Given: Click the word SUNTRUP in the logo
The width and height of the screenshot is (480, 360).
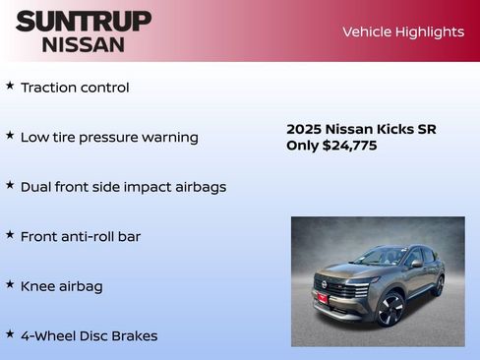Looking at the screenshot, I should tap(84, 21).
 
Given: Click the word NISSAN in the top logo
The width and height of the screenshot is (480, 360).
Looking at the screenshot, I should tap(84, 44).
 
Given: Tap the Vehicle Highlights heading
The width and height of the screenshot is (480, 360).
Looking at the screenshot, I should tap(402, 31).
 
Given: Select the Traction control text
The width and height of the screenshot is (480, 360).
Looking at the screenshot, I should tap(75, 88).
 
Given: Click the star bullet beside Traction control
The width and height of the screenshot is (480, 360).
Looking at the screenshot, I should tap(10, 87).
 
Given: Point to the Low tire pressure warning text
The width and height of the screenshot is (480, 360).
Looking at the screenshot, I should tap(109, 138).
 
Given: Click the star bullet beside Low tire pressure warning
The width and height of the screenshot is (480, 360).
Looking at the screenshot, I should tap(10, 136).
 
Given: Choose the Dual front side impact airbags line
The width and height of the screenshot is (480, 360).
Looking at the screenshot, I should tap(123, 187).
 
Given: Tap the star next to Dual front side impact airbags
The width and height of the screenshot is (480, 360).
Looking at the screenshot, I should tap(10, 185).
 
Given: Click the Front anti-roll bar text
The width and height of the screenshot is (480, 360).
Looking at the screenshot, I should tap(81, 237).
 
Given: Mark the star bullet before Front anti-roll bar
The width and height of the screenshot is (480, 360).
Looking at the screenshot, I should tap(10, 235).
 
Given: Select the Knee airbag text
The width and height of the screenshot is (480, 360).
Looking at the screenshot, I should tap(61, 286).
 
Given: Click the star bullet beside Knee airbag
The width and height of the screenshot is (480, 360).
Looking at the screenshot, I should tap(10, 284).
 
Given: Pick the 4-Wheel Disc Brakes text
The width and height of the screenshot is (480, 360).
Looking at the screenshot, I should tap(89, 335).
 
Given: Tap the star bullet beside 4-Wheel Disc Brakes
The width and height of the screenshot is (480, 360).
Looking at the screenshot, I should tap(10, 334).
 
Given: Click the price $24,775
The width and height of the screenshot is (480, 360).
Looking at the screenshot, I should tap(349, 146).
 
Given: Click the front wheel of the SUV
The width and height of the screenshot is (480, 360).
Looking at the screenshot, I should tap(390, 310).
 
